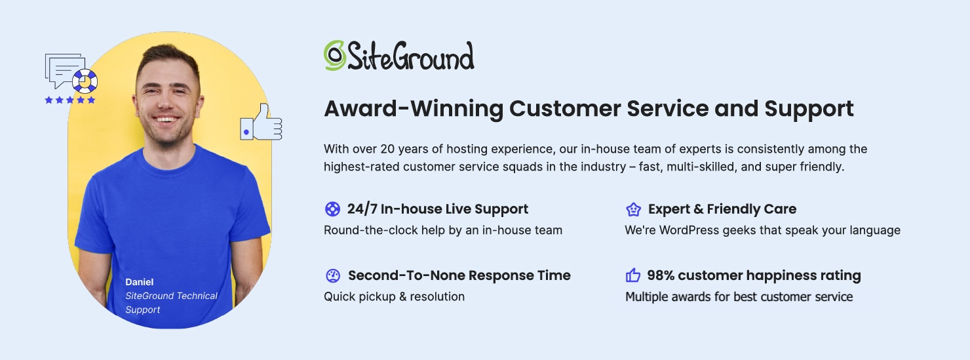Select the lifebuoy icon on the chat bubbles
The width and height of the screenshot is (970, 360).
(85, 81)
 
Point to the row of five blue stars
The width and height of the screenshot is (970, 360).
(69, 100)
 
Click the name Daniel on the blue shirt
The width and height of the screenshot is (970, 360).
(140, 282)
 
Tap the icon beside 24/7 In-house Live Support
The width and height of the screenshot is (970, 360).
(332, 209)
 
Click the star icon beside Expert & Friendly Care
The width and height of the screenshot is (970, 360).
(634, 209)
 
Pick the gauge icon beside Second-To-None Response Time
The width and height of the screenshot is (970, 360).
(333, 275)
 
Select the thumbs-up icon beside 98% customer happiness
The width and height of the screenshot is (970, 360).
(632, 275)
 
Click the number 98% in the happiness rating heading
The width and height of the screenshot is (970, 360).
(661, 275)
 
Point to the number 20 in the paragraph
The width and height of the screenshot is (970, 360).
(387, 149)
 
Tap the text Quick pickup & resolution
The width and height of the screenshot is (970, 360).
(394, 297)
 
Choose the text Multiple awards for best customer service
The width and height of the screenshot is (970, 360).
(739, 297)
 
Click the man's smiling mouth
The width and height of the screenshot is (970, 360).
(166, 119)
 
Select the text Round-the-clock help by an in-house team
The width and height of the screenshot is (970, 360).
(443, 230)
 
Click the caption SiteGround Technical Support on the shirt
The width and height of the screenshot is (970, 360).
(171, 303)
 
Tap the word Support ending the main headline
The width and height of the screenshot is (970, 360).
(809, 109)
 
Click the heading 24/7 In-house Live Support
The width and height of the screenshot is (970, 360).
(438, 209)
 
